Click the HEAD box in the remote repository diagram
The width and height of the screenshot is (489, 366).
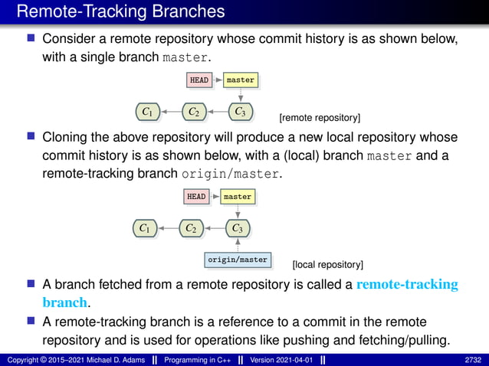click(x=199, y=80)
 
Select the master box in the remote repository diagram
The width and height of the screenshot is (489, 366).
click(x=240, y=80)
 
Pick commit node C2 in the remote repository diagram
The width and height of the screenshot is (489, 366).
click(x=194, y=113)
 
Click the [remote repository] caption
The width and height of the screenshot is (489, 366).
click(x=320, y=118)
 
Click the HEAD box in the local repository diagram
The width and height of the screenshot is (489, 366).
click(x=196, y=197)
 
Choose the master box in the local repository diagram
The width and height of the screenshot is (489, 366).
click(x=237, y=197)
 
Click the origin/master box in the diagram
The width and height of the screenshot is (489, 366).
click(x=238, y=260)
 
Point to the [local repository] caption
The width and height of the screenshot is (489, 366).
click(x=328, y=265)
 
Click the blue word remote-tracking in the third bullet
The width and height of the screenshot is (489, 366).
click(x=407, y=285)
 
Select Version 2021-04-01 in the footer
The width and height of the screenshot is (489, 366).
click(x=281, y=359)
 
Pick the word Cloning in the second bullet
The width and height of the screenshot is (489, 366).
click(x=67, y=138)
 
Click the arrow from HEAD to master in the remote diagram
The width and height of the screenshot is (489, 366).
click(x=218, y=80)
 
